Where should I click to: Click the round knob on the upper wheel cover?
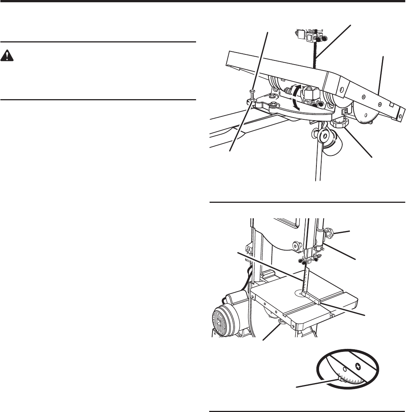296,246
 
